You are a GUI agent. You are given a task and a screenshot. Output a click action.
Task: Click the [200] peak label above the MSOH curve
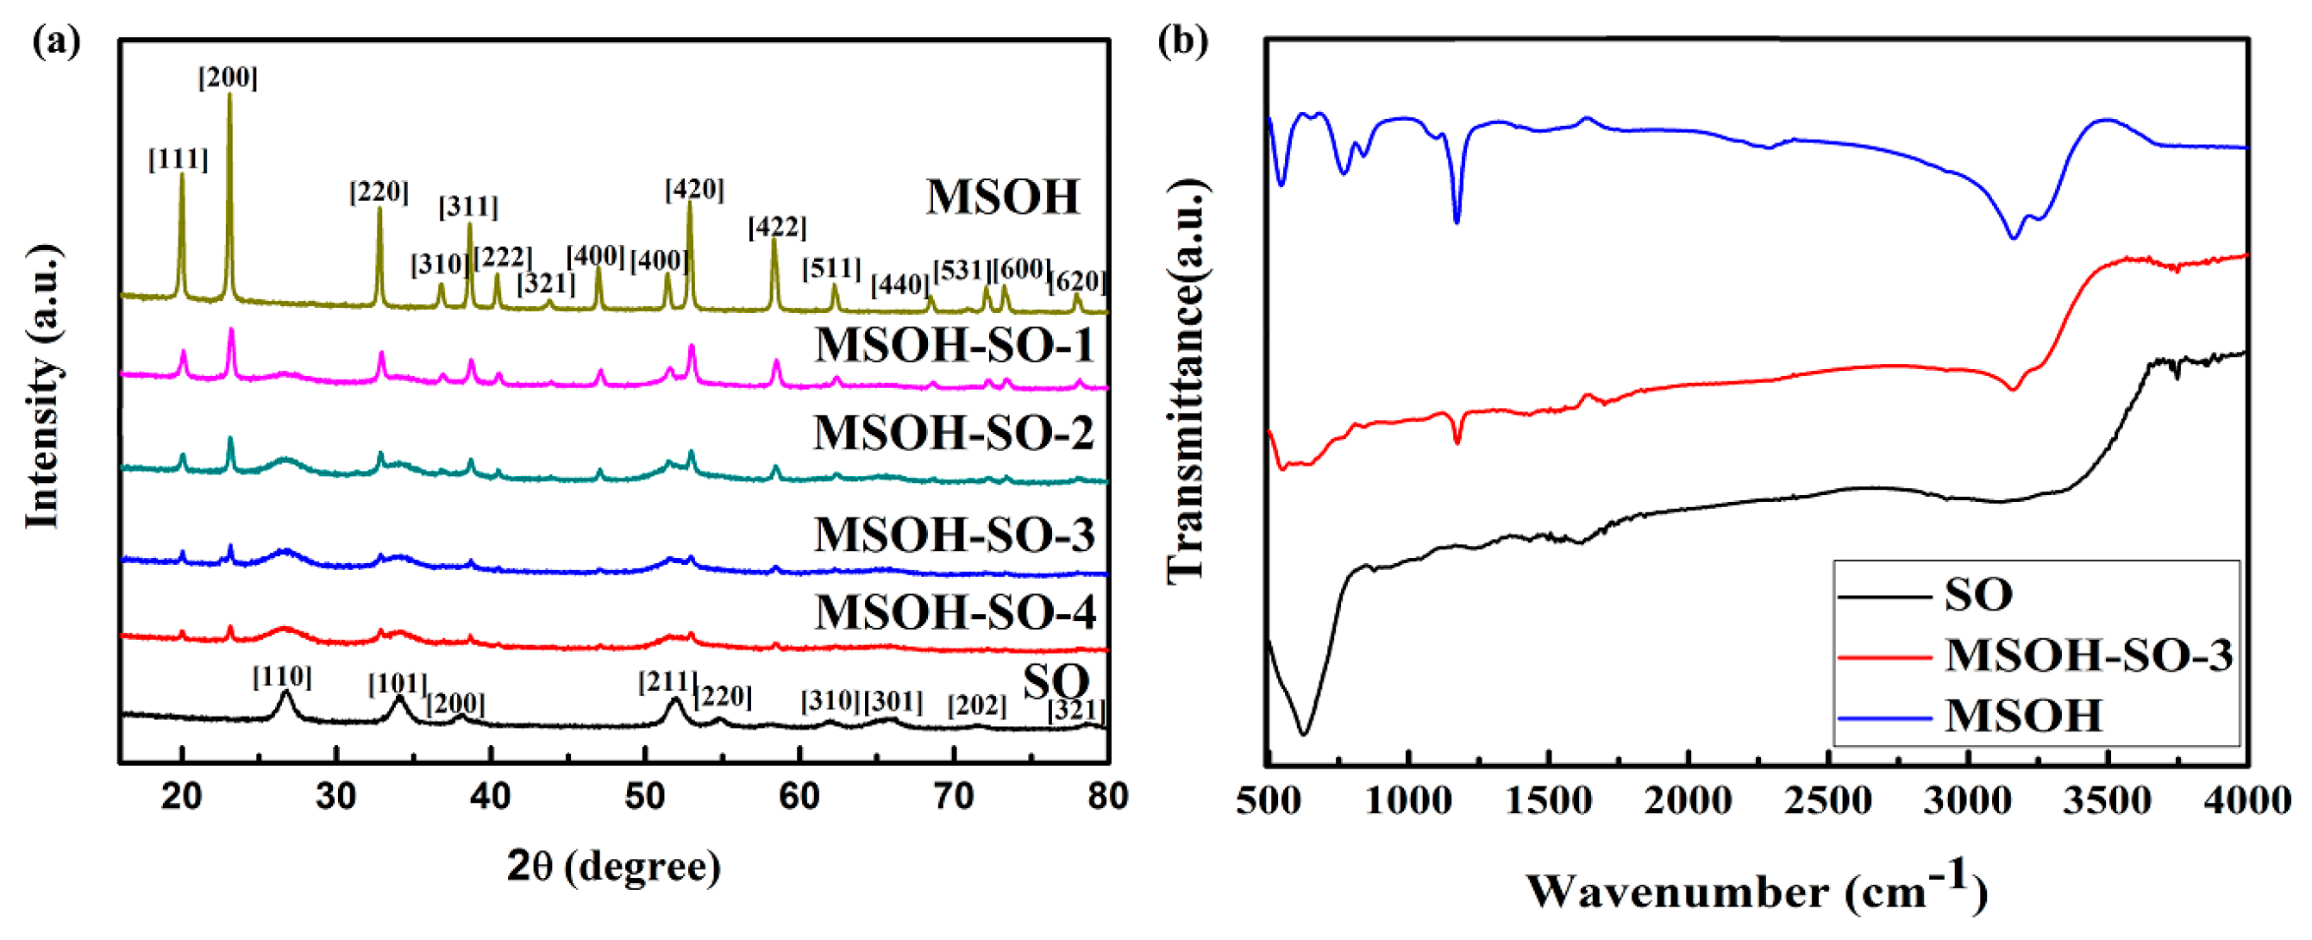coord(228,78)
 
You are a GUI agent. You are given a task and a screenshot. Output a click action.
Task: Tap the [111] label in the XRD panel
coord(178,160)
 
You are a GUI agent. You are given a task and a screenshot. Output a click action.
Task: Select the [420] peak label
coord(694,190)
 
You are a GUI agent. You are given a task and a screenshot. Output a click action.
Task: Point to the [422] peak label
coord(777,227)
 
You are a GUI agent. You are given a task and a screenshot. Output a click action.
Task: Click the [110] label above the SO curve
coord(282,676)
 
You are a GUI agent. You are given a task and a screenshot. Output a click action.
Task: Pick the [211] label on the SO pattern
coord(667,682)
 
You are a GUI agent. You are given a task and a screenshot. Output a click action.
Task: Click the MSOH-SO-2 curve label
coord(953,433)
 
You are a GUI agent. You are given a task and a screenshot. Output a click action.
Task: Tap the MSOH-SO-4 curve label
coord(955,612)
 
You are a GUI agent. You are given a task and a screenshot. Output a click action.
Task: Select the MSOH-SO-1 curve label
coord(954,345)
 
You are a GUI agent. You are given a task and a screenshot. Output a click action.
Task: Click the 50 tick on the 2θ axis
coord(644,796)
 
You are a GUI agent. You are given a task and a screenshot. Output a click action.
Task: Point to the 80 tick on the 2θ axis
coord(1107,796)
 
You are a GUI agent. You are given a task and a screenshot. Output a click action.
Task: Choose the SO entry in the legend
coord(1978,594)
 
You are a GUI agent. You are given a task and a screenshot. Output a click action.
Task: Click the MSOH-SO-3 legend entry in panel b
coord(2088,655)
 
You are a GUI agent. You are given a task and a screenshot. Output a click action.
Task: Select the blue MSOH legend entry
coord(2023,716)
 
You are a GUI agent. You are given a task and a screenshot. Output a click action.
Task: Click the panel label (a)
coord(57,41)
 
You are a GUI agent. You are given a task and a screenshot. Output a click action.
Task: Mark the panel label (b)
coord(1182,41)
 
